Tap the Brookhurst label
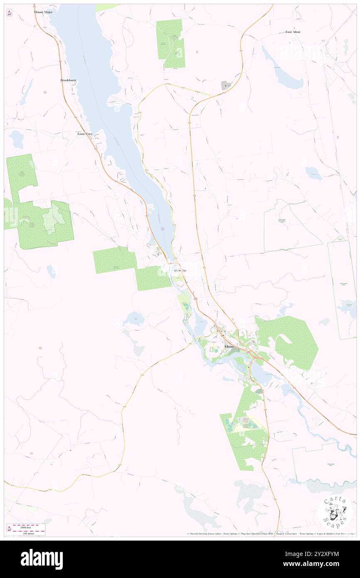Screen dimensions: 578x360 tap(69, 80)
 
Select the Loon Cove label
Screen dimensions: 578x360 tap(85, 134)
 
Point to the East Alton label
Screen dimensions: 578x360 tap(293, 32)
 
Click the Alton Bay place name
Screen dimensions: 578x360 tap(180, 270)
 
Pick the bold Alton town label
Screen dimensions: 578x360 tap(229, 346)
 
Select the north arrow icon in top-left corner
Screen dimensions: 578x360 tap(9, 13)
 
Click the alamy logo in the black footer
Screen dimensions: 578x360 tap(42, 559)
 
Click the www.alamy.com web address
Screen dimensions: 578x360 tap(316, 564)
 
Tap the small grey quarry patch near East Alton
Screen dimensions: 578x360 tap(226, 85)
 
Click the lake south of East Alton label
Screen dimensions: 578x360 tap(287, 73)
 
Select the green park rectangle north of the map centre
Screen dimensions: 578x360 tap(170, 44)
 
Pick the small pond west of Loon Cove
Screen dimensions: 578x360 tap(17, 139)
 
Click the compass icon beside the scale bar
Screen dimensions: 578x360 tap(9, 529)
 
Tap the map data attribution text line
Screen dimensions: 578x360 tap(270, 534)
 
